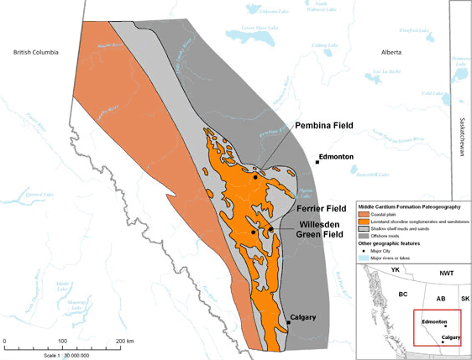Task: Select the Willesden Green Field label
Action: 323,230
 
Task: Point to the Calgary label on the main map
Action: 302,318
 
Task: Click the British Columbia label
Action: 36,52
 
